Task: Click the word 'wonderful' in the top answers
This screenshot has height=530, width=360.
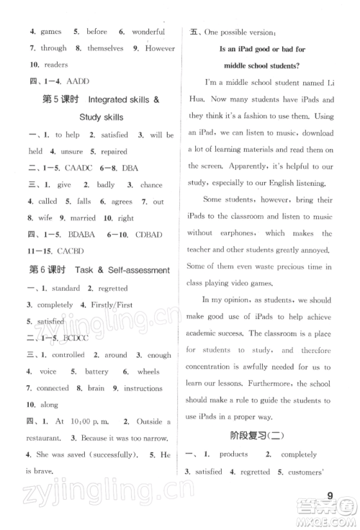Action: tap(148, 32)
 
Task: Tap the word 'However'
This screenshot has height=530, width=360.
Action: tap(159, 48)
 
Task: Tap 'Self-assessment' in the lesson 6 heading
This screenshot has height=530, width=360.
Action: tap(134, 270)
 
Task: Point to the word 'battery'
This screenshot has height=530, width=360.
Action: tap(96, 372)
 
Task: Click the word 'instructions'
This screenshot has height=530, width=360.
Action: tap(143, 388)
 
